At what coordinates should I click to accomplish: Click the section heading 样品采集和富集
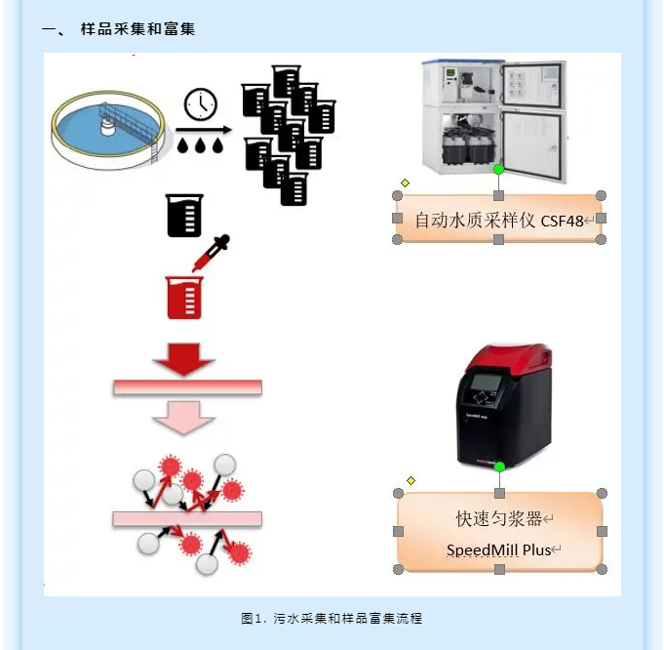[x=137, y=29]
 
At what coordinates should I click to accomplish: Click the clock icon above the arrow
[x=201, y=104]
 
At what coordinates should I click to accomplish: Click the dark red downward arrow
[x=184, y=357]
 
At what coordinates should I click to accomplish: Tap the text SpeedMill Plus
[x=498, y=549]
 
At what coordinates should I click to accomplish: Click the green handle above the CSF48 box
[x=498, y=170]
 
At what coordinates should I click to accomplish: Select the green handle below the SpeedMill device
[x=499, y=467]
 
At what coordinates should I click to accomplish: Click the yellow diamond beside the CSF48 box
[x=405, y=183]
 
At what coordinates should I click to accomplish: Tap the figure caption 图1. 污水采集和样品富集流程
[x=332, y=619]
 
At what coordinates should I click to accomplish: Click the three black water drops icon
[x=201, y=143]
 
